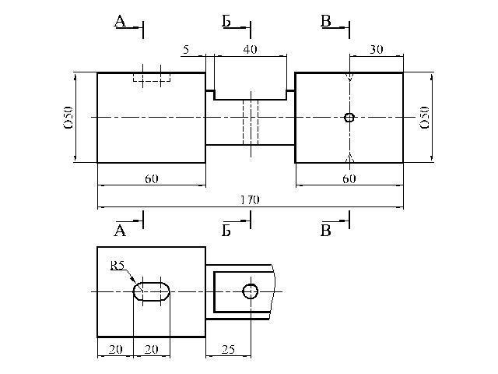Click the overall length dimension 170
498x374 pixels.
[x=250, y=199]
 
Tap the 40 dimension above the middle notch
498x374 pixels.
[x=251, y=50]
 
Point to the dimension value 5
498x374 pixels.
[x=186, y=50]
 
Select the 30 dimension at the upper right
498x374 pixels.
[x=377, y=50]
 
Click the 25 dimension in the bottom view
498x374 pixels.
[x=228, y=350]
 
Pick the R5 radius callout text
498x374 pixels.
[x=117, y=266]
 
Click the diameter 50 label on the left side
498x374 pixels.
[x=68, y=118]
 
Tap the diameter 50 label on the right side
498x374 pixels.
[x=425, y=118]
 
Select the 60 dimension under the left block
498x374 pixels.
[x=152, y=179]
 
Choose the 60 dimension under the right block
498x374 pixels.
[x=349, y=179]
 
